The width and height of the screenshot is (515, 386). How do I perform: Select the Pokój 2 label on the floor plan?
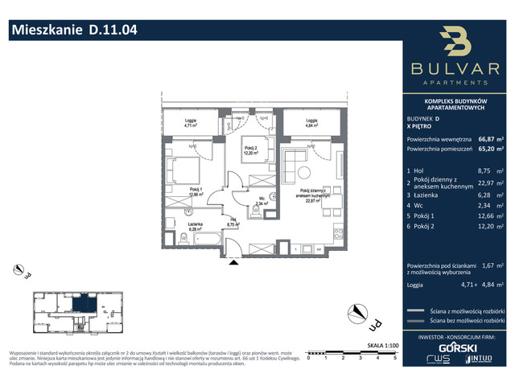point(250,150)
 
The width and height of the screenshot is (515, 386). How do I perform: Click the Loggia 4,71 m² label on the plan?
point(190,123)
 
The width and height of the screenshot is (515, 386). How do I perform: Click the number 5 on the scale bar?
point(394,358)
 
